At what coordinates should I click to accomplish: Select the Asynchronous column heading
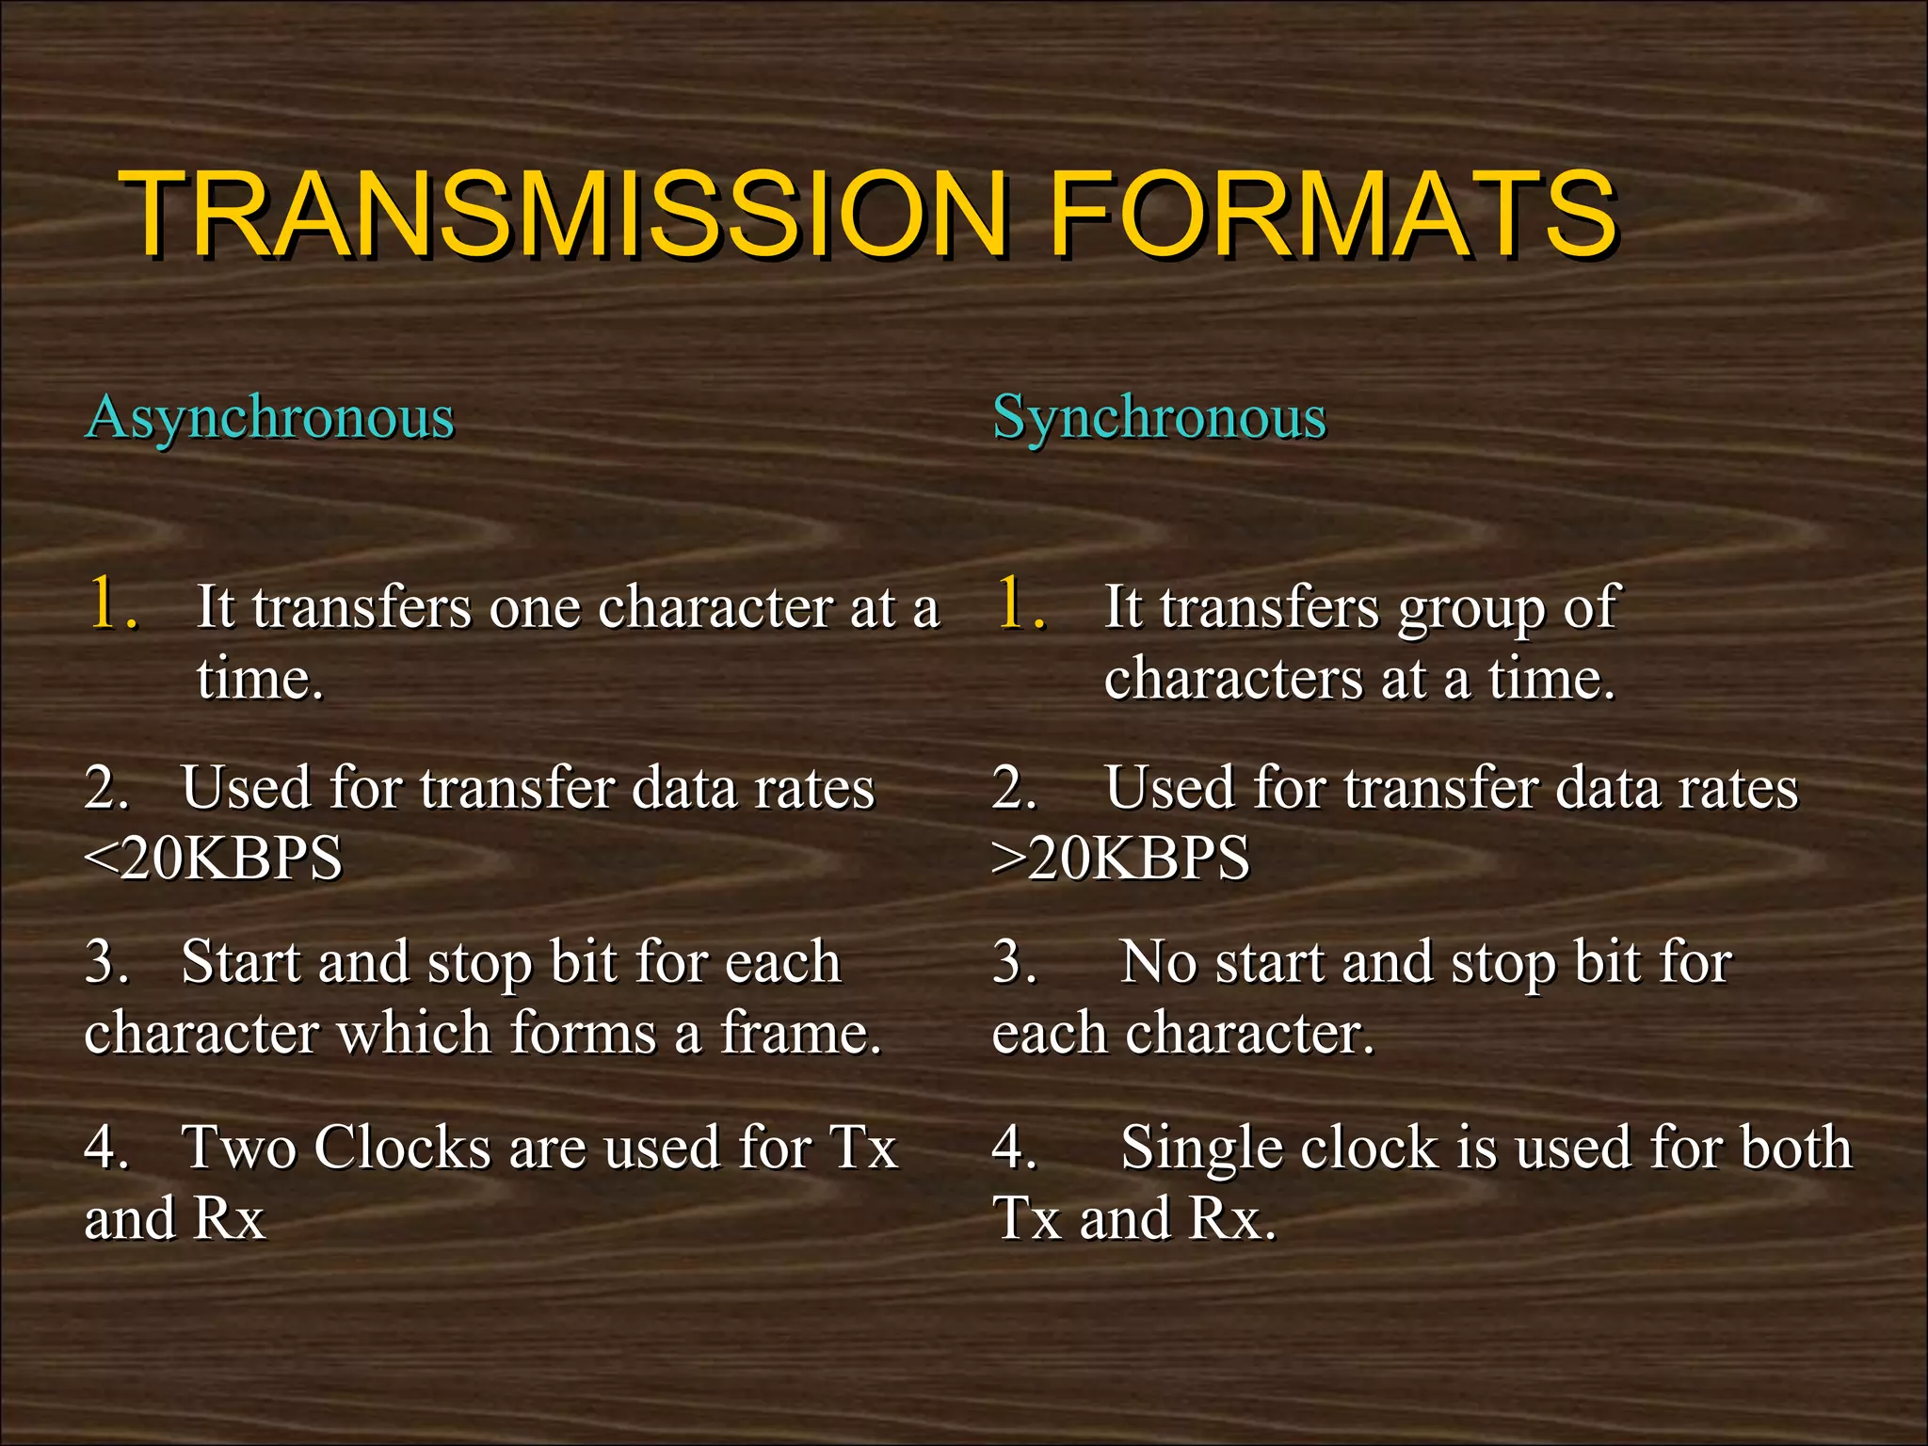[270, 417]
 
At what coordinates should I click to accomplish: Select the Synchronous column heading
[1159, 417]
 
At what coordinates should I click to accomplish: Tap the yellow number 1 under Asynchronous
[106, 603]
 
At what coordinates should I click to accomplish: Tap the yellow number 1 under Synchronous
[1014, 603]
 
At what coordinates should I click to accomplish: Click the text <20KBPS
[214, 859]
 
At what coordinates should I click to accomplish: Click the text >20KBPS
[1121, 859]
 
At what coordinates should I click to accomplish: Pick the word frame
[800, 1033]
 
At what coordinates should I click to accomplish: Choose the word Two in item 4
[239, 1148]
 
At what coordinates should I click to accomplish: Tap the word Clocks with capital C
[402, 1148]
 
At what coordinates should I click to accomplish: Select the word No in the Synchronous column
[1158, 963]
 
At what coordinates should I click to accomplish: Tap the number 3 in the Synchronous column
[1009, 963]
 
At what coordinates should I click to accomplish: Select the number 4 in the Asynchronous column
[101, 1148]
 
